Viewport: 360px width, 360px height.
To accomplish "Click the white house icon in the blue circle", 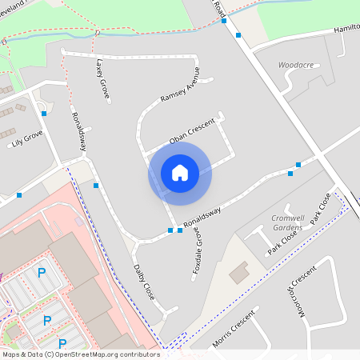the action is coord(180,173).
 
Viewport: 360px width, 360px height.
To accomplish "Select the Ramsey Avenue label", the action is coord(180,88).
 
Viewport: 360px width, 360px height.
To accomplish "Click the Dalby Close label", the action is coord(144,282).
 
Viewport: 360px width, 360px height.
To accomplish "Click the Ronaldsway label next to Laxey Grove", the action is coord(78,131).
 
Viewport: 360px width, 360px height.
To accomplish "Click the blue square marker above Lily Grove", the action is coord(43,114).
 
